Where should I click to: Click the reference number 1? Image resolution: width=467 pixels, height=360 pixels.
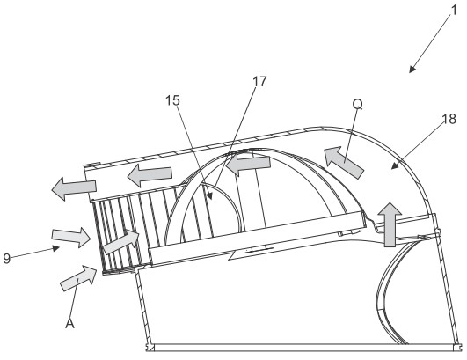click(x=454, y=11)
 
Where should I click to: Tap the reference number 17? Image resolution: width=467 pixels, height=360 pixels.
click(x=259, y=81)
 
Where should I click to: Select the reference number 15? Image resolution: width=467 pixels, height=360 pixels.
click(x=172, y=100)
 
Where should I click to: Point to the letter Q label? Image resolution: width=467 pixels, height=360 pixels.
click(x=357, y=105)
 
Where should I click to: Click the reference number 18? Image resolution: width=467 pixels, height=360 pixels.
click(x=449, y=119)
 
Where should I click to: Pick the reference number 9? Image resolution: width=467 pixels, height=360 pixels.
click(x=6, y=258)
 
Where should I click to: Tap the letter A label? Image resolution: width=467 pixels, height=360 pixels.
click(x=69, y=323)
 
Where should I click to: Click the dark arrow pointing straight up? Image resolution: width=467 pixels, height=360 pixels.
click(x=390, y=224)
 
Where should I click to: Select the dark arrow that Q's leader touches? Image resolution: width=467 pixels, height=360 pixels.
click(x=344, y=162)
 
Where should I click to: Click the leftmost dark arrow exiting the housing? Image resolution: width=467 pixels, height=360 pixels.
click(x=74, y=188)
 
